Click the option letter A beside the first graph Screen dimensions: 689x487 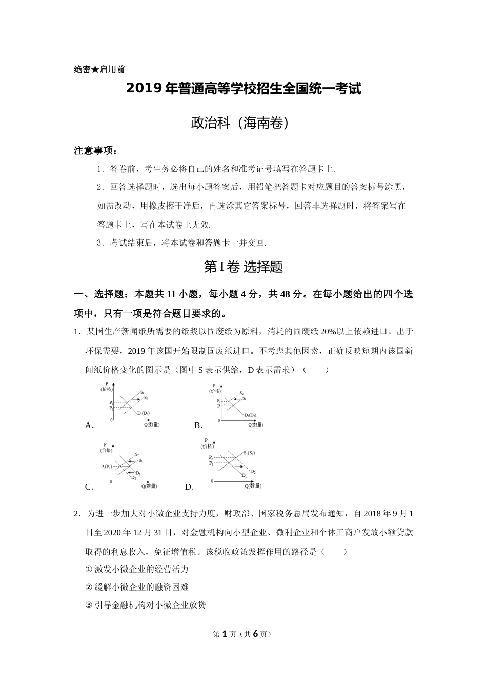[x=89, y=425]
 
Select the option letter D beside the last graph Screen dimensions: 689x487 [x=189, y=487]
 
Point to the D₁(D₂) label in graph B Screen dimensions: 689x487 [x=250, y=415]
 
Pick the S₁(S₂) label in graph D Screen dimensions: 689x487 [x=250, y=453]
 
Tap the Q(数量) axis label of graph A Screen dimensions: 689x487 [x=152, y=424]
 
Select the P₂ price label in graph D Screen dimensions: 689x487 [x=211, y=457]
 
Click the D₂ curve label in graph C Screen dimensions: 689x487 [x=133, y=478]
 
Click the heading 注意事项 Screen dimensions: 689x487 [x=95, y=151]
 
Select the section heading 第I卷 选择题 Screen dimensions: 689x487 [x=243, y=267]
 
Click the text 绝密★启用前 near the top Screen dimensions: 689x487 [x=99, y=69]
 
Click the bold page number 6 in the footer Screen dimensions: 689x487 [x=255, y=634]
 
